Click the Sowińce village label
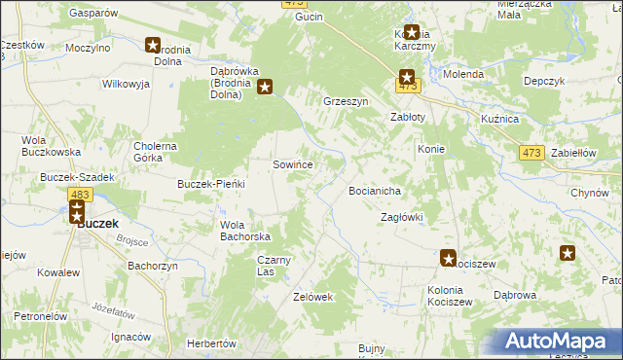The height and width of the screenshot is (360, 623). click(x=292, y=165)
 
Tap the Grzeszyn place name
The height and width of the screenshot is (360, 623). click(x=345, y=101)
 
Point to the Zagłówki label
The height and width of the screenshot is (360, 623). click(x=401, y=217)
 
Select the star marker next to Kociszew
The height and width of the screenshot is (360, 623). click(x=448, y=258)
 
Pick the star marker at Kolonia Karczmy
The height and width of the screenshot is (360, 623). click(x=412, y=32)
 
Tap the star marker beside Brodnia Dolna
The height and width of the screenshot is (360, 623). click(x=154, y=44)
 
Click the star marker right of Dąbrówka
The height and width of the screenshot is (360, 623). click(x=277, y=86)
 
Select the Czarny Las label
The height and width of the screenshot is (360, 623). click(x=274, y=265)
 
